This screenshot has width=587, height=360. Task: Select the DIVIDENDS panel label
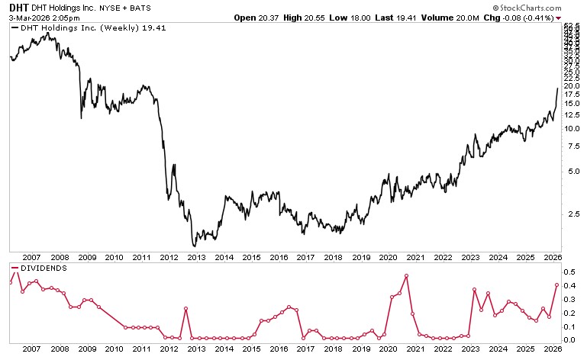[x=40, y=268]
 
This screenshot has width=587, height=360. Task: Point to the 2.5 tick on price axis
[x=572, y=214]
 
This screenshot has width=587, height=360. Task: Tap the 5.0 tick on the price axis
[x=572, y=171]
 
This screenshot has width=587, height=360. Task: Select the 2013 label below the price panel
[x=196, y=259]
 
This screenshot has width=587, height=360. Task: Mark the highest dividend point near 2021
[x=406, y=275]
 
